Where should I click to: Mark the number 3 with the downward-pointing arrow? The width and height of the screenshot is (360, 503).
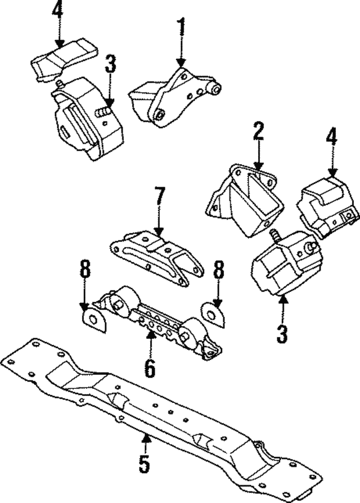coord(110,65)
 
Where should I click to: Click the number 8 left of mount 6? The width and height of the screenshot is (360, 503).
coord(84,271)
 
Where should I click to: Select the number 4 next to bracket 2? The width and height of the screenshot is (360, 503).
coord(331,137)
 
